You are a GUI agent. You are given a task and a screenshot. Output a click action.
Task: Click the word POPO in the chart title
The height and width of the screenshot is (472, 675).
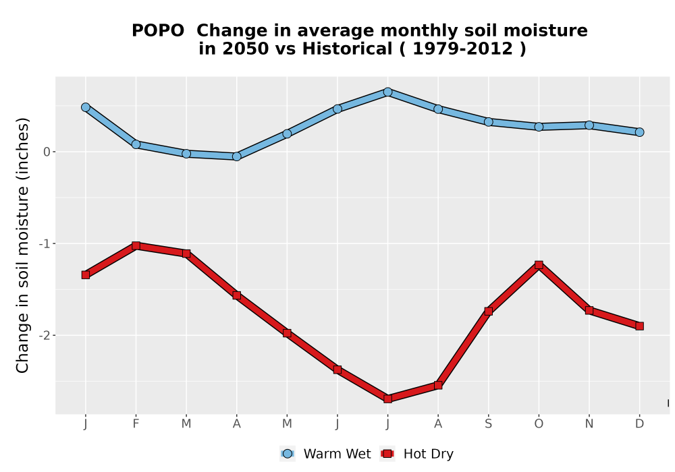coord(158,31)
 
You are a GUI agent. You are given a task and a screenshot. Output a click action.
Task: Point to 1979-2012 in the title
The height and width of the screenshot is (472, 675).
coord(463,49)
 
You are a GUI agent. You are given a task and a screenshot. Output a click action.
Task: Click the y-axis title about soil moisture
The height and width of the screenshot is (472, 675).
coord(22,245)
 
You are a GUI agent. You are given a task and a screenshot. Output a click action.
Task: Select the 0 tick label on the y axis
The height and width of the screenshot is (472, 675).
coord(47,152)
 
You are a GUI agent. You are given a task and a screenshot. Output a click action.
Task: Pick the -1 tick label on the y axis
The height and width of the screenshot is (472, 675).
coord(45,243)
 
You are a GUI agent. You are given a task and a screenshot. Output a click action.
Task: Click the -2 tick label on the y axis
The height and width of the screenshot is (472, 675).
coord(45,335)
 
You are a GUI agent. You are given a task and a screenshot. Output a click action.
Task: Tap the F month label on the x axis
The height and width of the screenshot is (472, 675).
coord(136,424)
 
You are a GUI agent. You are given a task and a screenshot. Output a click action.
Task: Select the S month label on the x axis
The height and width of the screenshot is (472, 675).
coord(488,424)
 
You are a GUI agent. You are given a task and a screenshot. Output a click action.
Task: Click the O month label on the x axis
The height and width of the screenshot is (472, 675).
coord(539,424)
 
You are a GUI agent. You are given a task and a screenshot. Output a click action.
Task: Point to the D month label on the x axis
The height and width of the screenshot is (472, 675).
coord(639,424)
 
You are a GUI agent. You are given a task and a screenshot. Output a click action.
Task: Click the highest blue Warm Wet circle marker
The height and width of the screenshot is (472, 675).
coord(387,92)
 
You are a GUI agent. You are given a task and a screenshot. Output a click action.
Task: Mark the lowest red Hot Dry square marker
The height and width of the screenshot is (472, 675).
coord(387,399)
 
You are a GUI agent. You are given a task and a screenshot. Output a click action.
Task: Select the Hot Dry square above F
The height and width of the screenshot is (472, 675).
coord(136,246)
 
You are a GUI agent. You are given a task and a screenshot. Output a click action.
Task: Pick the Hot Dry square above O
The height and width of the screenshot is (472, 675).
coord(539,265)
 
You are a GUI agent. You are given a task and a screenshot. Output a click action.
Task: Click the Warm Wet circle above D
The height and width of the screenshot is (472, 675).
coord(639,132)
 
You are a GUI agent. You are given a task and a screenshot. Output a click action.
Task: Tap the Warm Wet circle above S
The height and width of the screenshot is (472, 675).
coord(488,121)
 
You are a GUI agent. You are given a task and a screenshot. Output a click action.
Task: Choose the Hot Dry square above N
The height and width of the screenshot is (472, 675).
coord(589,310)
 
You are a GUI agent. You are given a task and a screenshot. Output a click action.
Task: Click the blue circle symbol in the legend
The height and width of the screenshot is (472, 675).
coord(288,454)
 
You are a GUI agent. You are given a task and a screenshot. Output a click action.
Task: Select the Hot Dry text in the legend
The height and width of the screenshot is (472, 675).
coord(429,454)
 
